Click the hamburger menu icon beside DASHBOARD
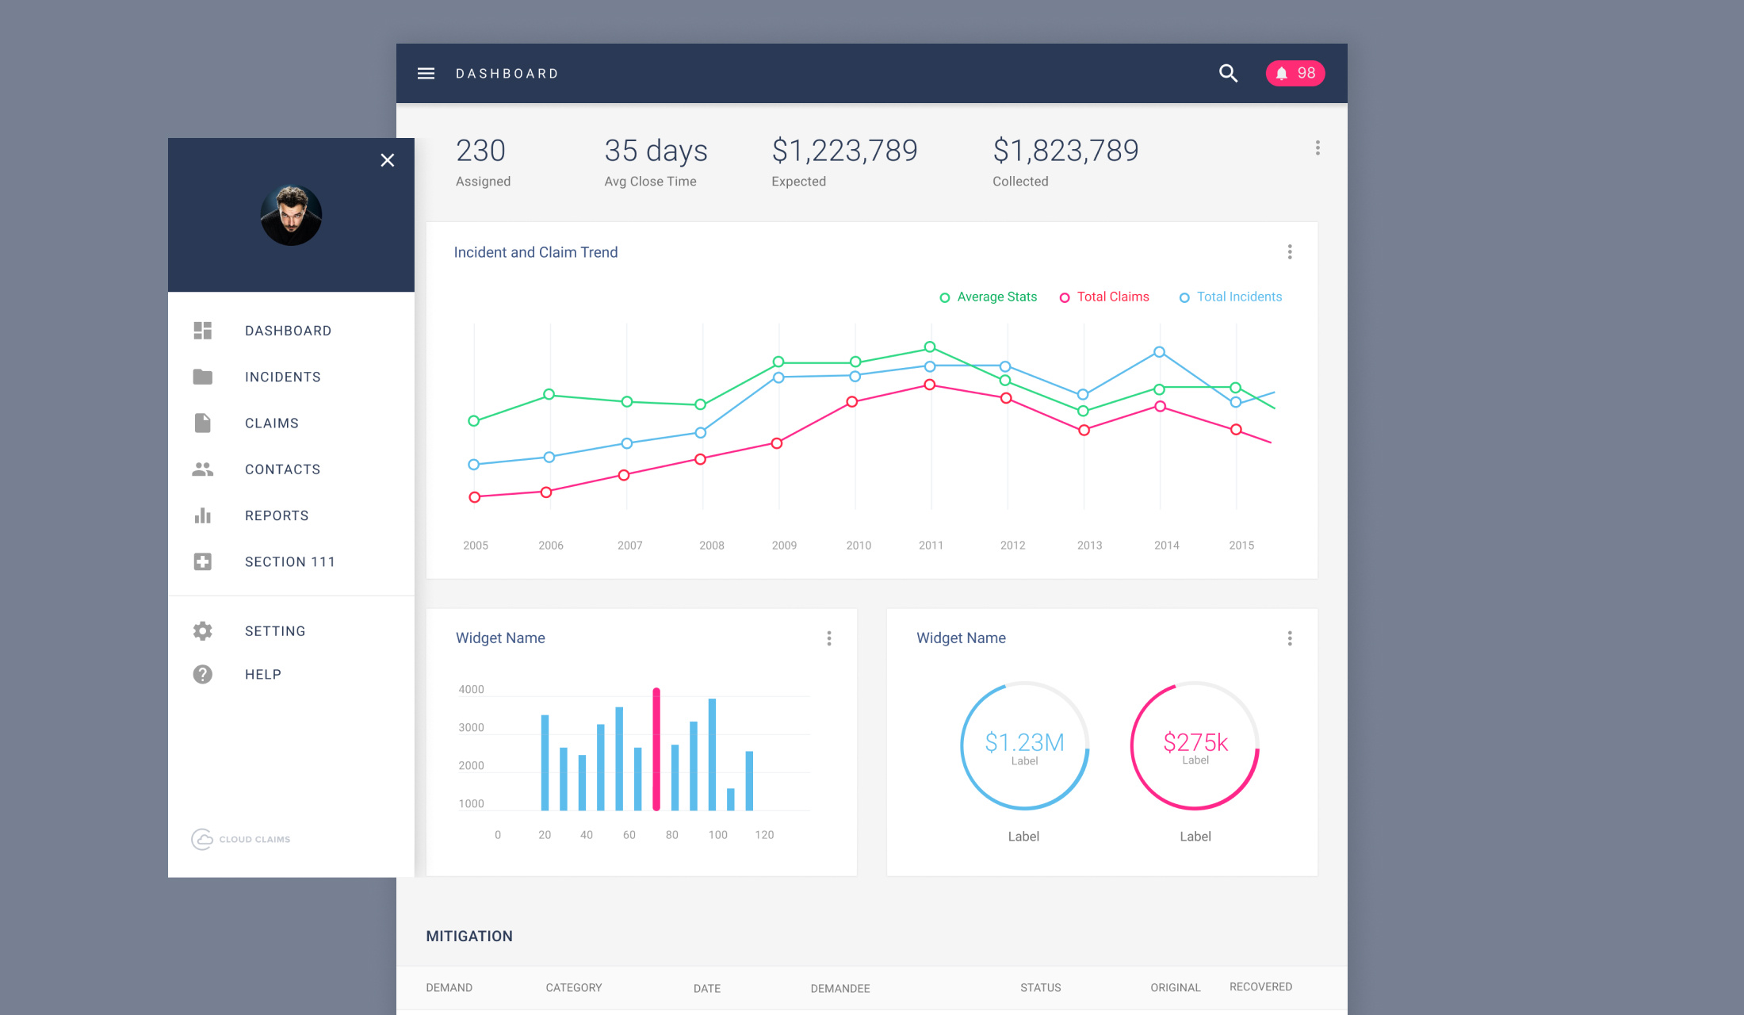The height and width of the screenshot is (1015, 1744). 426,74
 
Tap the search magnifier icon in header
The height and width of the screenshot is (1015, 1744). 1228,74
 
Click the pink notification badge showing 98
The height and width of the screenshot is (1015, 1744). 1295,74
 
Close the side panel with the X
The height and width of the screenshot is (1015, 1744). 387,160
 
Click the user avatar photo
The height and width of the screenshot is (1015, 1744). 291,215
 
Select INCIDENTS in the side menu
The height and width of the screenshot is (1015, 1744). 282,377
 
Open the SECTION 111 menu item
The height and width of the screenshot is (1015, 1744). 289,562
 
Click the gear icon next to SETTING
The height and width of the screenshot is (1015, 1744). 203,631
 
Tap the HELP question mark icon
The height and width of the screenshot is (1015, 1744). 203,675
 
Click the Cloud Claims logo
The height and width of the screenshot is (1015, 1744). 241,839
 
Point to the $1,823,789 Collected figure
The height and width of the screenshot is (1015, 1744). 1065,151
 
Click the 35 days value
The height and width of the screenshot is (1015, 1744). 656,151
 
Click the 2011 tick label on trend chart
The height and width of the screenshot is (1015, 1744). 931,546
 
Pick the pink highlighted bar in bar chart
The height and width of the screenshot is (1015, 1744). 656,749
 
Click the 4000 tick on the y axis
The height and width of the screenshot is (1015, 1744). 471,690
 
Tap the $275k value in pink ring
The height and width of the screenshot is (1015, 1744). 1195,742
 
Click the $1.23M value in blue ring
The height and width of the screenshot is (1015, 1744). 1024,742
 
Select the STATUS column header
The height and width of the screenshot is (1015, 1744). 1040,988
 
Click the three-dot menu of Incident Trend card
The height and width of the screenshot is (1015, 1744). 1290,252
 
